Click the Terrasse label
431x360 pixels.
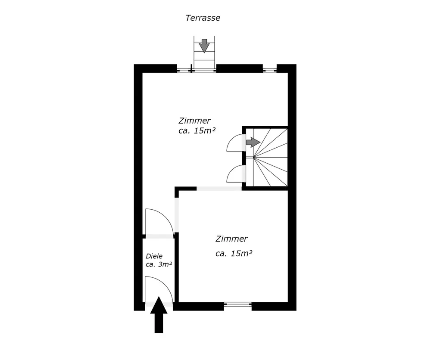coord(203,18)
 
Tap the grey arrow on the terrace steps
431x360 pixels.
coord(204,45)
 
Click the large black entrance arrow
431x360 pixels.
coord(159,315)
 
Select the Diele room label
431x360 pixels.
coord(154,256)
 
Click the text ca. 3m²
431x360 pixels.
coord(159,265)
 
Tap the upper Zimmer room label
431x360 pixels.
coord(194,121)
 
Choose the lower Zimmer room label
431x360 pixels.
coord(231,239)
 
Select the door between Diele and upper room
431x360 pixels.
coord(159,222)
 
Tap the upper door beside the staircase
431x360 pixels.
coord(236,143)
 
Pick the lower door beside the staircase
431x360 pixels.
coord(236,174)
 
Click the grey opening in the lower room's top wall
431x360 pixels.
coord(219,189)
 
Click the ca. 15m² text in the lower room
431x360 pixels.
coord(234,254)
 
